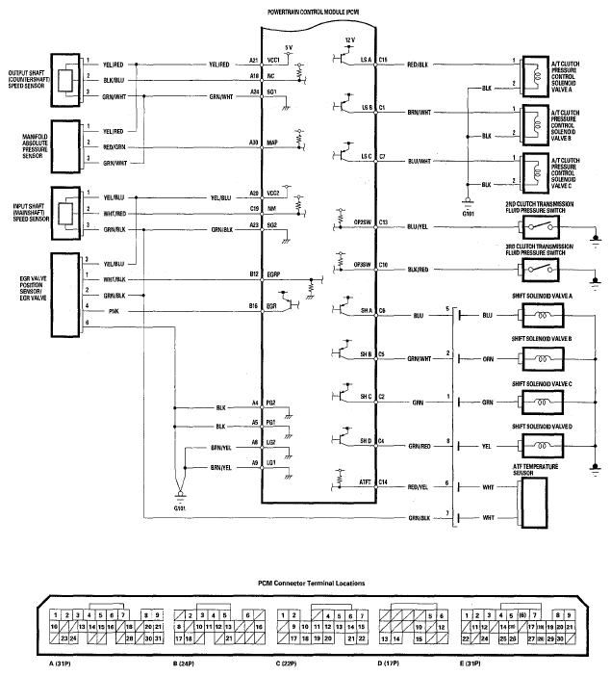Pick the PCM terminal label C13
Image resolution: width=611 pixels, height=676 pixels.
click(383, 222)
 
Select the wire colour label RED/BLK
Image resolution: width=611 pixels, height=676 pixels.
click(419, 65)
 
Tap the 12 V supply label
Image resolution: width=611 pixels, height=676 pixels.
click(349, 39)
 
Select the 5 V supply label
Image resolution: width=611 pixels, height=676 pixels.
click(289, 46)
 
